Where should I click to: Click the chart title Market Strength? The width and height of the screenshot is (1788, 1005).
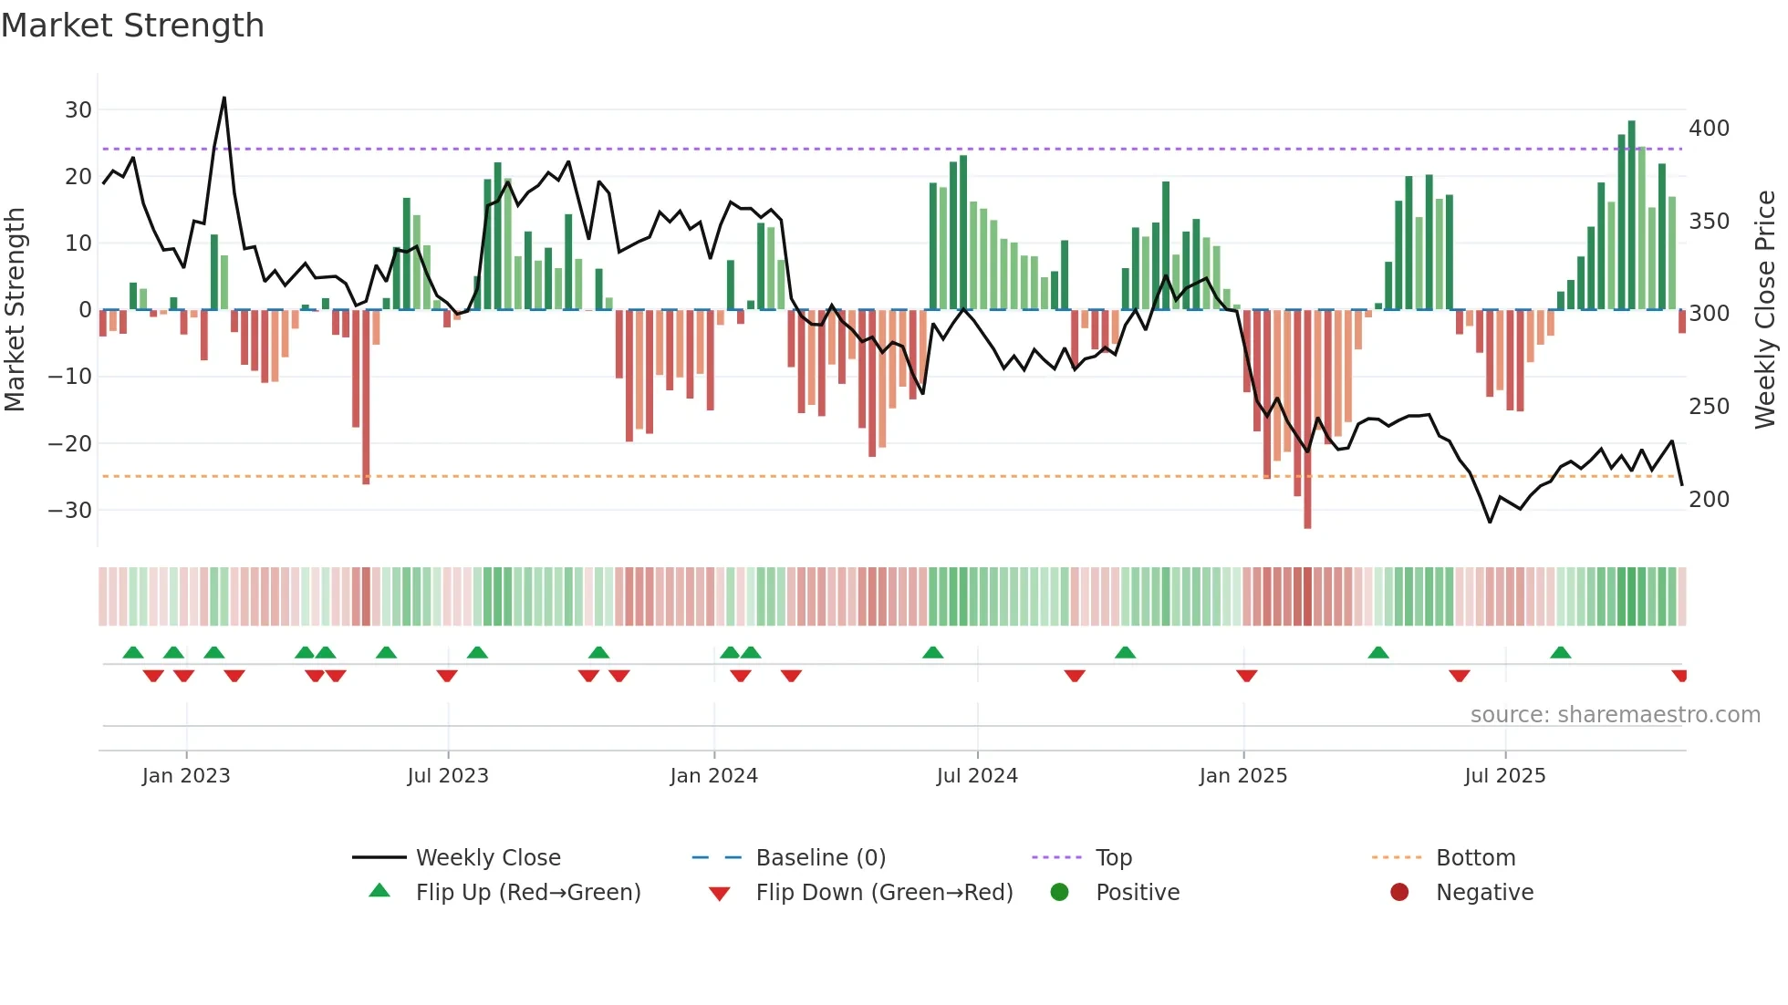(132, 26)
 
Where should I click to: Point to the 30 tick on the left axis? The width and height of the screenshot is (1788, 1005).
(78, 110)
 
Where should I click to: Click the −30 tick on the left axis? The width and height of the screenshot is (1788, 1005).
(71, 511)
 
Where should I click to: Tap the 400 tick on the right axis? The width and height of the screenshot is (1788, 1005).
(1709, 129)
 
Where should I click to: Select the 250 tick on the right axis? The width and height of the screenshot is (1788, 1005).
(1709, 407)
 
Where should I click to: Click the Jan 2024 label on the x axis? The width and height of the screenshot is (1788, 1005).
(713, 776)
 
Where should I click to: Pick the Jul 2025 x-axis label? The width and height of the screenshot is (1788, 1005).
(1505, 776)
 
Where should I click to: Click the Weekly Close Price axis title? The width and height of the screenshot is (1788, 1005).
(1766, 310)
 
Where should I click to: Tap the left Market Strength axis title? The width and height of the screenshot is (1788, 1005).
(16, 310)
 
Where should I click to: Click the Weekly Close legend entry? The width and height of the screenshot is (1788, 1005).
(488, 858)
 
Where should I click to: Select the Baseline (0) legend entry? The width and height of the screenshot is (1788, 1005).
(820, 858)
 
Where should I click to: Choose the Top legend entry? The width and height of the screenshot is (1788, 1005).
(1113, 858)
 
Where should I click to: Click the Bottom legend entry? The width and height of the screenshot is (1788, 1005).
(1475, 858)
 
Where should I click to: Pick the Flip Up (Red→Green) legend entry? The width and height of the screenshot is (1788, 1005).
(527, 893)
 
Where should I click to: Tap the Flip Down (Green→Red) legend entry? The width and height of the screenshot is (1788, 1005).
(883, 893)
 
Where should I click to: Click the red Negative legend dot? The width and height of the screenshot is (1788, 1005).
(1399, 892)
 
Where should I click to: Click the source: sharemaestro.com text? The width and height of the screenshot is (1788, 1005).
(1615, 715)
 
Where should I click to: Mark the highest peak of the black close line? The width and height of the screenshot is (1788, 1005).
(224, 98)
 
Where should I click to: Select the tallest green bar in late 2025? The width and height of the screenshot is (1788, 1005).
(1631, 215)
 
